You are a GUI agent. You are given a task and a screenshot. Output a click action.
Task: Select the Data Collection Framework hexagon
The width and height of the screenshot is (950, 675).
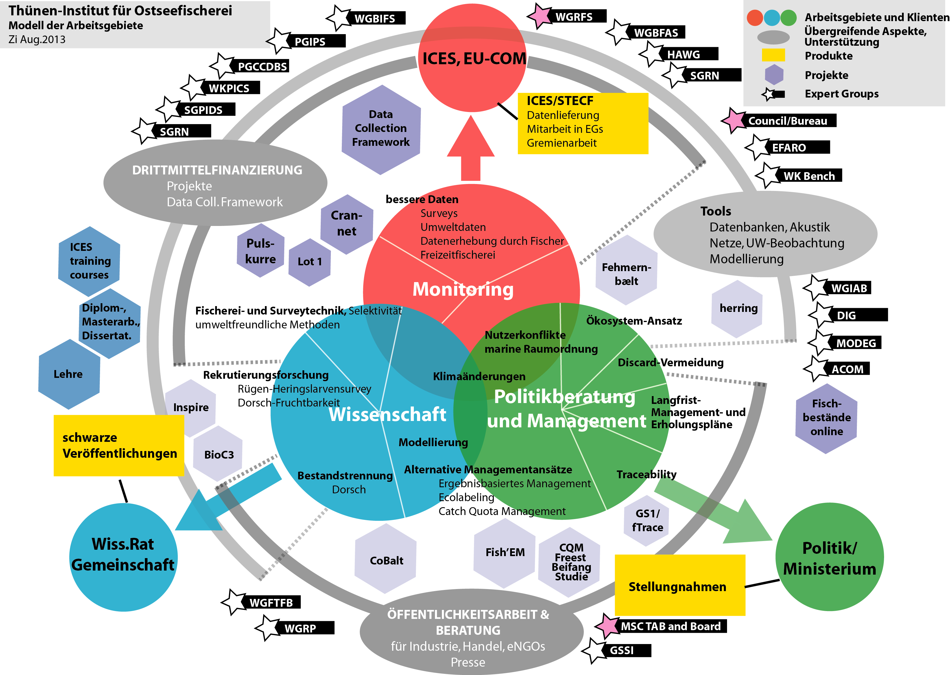[381, 129]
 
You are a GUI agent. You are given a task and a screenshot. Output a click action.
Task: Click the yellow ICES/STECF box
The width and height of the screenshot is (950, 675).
[582, 124]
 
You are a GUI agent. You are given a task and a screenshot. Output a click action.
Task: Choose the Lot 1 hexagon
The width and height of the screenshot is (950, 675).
[309, 262]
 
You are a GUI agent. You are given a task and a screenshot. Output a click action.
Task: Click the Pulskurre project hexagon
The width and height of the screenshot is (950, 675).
[261, 251]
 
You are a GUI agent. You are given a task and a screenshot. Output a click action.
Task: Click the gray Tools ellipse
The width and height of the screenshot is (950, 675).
[765, 234]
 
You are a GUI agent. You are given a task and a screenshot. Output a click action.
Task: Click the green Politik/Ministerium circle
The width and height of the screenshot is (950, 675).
[829, 557]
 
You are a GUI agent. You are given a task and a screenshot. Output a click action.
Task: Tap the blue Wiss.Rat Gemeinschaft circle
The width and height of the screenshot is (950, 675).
[123, 557]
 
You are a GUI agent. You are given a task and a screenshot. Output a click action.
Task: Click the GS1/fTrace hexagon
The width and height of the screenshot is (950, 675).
[647, 520]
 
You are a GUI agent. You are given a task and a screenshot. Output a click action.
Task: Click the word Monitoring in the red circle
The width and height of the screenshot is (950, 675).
[463, 289]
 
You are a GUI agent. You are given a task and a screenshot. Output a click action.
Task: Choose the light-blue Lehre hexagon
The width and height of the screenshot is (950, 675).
[69, 374]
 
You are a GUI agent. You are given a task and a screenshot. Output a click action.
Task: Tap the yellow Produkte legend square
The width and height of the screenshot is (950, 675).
[773, 55]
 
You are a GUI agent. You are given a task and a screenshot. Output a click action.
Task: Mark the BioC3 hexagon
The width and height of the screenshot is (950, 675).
[219, 454]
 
